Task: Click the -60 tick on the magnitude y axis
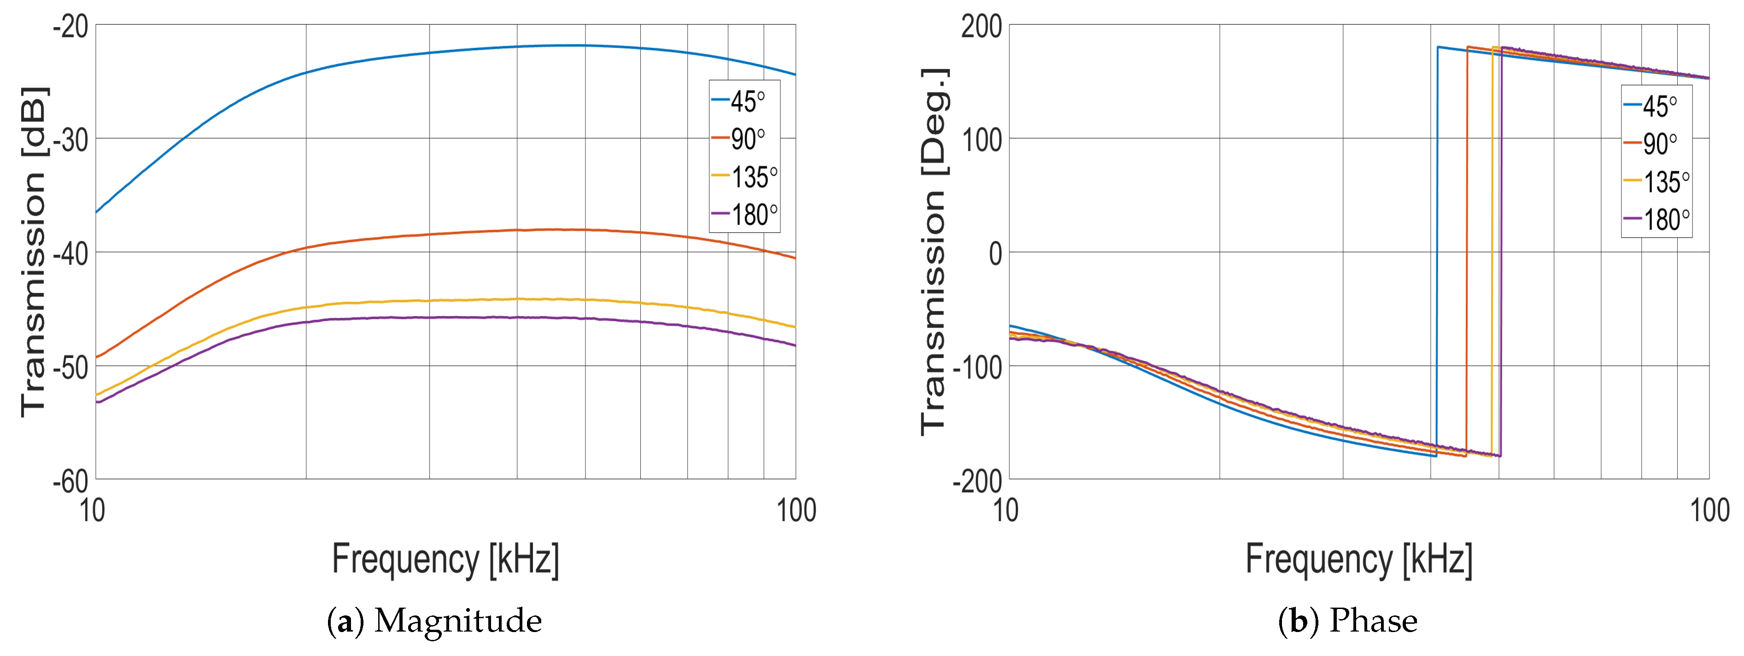click(x=71, y=481)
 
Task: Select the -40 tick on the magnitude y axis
click(x=71, y=254)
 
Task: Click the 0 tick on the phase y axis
click(x=995, y=254)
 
